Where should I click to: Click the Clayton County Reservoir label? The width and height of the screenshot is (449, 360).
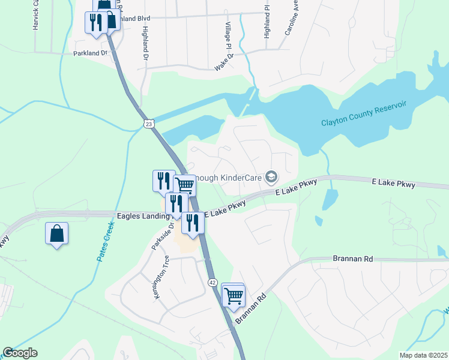[364, 114]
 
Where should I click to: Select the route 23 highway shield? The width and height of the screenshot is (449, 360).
[149, 123]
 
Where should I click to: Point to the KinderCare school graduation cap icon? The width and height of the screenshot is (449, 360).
[271, 176]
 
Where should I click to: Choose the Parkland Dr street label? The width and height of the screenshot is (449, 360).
[89, 53]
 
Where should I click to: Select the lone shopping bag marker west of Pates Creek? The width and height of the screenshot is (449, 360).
[56, 233]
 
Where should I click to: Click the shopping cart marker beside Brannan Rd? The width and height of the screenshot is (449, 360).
[232, 295]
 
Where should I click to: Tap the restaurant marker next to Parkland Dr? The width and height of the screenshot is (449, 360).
[96, 22]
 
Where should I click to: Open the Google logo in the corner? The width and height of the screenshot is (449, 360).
[20, 353]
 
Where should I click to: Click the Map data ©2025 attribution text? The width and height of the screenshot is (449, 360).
[423, 355]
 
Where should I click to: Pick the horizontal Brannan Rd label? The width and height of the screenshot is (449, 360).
[352, 259]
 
